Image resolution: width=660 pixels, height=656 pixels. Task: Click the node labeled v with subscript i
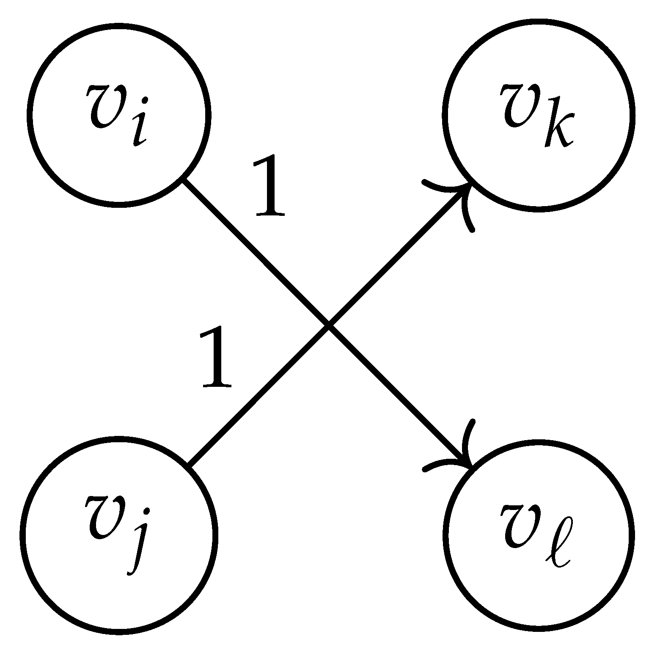point(119,115)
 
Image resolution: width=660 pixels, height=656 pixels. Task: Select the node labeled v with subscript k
point(538,115)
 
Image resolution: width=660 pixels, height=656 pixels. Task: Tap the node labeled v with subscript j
point(119,534)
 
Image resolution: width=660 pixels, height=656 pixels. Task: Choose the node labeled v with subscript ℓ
point(538,534)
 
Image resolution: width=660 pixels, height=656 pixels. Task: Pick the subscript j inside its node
point(136,550)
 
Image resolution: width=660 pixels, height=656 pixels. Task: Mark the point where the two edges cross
point(329,325)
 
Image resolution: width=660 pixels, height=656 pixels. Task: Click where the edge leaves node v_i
point(183,179)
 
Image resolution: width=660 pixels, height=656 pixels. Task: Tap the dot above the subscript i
point(145,101)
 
